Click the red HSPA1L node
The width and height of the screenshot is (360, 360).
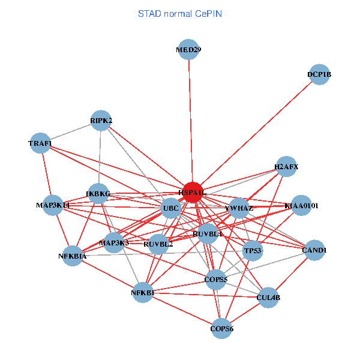coord(193,193)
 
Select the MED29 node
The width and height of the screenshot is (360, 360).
coord(188,50)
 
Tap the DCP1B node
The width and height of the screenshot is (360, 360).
coord(319,75)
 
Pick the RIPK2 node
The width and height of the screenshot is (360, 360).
coord(101,121)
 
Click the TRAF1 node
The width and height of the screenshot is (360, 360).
coord(40,143)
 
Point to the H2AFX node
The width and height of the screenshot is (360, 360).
coord(286,166)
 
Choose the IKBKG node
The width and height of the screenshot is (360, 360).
coord(98,194)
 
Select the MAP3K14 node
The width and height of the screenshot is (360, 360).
coord(53,205)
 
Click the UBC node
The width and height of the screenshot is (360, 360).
coord(171,209)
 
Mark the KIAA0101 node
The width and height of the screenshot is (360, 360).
coord(301,206)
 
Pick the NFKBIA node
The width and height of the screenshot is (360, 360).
coord(73,256)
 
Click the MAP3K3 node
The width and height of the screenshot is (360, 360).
coord(114,243)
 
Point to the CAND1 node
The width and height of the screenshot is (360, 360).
coord(314,250)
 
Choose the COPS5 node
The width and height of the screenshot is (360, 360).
coord(216,280)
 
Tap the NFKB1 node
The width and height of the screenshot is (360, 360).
coord(143,293)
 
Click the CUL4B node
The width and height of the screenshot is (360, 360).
coord(268,297)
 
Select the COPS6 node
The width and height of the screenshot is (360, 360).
coord(222,329)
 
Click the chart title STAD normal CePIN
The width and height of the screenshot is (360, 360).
coord(180,13)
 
